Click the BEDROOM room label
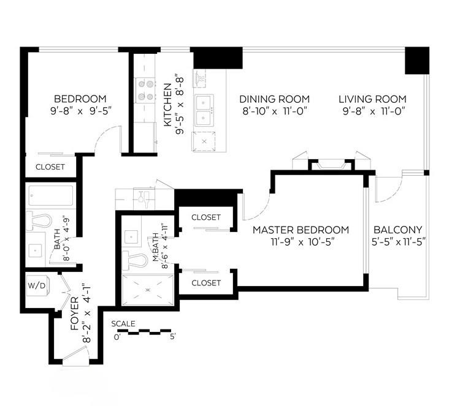click(80, 99)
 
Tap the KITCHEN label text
click(167, 105)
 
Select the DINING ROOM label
click(274, 99)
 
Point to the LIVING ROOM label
click(372, 99)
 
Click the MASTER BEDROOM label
click(301, 230)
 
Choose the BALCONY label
click(398, 230)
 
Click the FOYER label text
click(75, 314)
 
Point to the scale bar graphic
click(144, 332)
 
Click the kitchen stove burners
click(145, 91)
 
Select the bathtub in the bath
click(51, 195)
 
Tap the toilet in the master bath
click(135, 260)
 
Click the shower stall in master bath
click(148, 290)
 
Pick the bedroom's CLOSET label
click(50, 167)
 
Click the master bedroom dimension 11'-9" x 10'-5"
click(302, 242)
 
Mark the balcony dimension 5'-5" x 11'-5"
click(399, 242)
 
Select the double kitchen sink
click(204, 110)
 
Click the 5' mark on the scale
click(172, 337)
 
